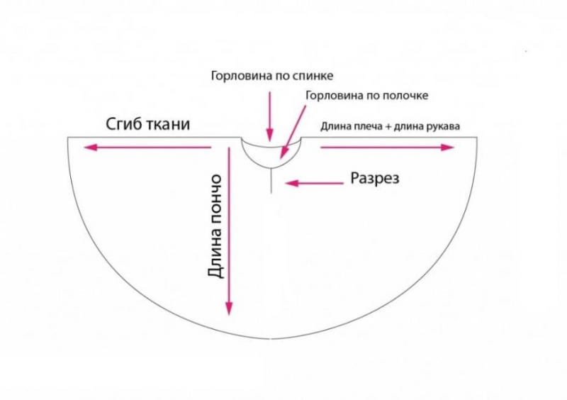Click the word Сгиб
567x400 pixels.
123,124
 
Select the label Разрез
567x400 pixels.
375,179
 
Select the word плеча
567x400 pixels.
365,127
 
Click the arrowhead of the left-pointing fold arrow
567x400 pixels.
90,148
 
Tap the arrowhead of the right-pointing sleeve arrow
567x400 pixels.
448,147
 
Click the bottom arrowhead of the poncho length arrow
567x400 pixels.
228,309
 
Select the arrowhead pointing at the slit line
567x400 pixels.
291,183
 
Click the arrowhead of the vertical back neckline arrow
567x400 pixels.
269,135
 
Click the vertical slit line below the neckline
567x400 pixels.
271,181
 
